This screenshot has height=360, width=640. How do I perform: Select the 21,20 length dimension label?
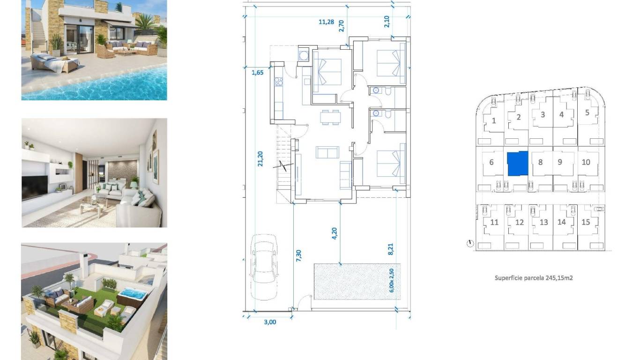[x=260, y=158]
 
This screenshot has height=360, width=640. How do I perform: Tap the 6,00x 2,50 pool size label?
[x=392, y=280]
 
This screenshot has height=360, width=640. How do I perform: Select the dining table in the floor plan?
[x=330, y=116]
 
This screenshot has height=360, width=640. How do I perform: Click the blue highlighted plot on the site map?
[x=517, y=163]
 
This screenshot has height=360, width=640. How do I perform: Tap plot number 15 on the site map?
[x=586, y=222]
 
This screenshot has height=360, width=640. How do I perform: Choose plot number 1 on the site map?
[x=494, y=121]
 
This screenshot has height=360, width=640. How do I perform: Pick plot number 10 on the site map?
[x=586, y=162]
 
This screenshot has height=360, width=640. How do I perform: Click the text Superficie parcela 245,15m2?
[x=534, y=278]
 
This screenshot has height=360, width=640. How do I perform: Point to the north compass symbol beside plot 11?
[x=470, y=243]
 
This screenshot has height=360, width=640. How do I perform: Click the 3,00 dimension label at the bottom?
[x=270, y=322]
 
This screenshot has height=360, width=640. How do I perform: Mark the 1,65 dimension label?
[x=257, y=72]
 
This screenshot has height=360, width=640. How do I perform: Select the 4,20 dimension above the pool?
[x=335, y=233]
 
